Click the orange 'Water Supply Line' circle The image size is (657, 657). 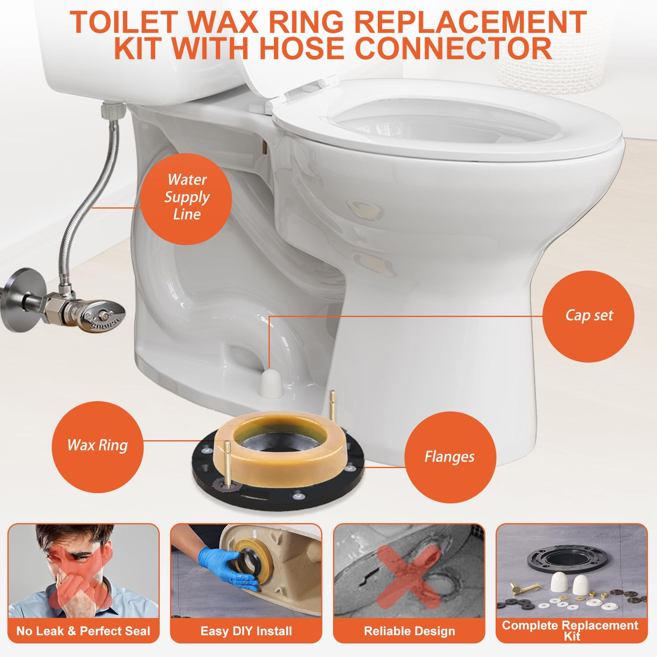click(186, 199)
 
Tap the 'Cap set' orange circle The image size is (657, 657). click(588, 316)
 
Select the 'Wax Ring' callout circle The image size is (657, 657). click(98, 447)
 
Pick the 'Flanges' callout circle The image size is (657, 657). click(450, 457)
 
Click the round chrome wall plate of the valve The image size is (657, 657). click(23, 299)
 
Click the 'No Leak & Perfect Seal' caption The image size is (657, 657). click(83, 631)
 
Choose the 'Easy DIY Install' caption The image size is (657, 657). click(246, 631)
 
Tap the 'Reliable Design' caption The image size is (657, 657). click(410, 631)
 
